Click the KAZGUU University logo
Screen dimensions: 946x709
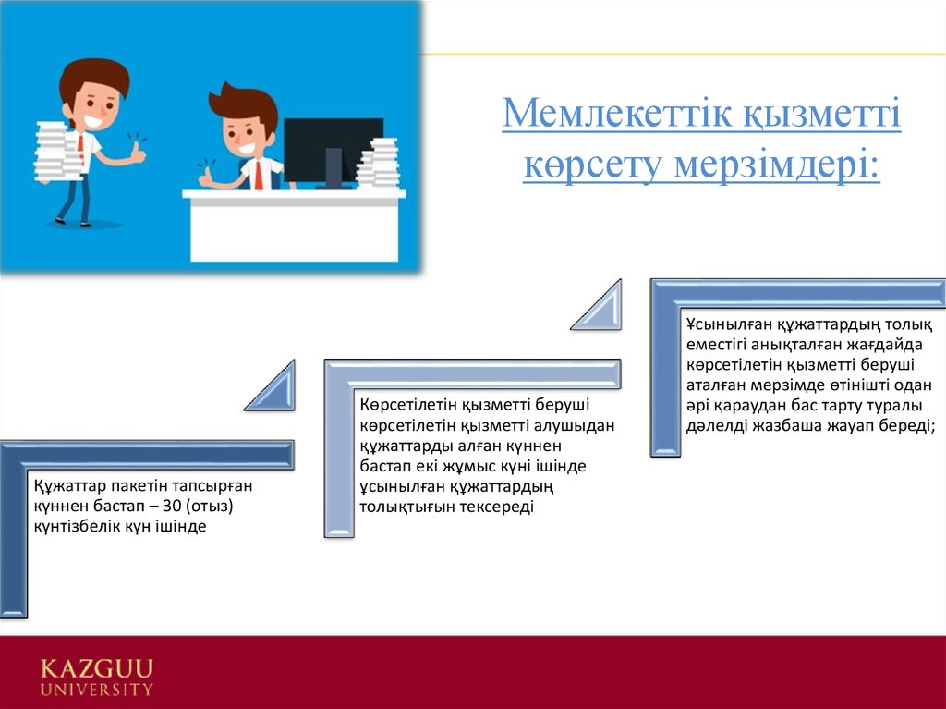pyautogui.click(x=96, y=676)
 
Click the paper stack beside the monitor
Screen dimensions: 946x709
pyautogui.click(x=378, y=164)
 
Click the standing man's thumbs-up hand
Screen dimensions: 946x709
pyautogui.click(x=138, y=152)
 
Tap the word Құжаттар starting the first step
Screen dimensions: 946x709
pyautogui.click(x=68, y=486)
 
